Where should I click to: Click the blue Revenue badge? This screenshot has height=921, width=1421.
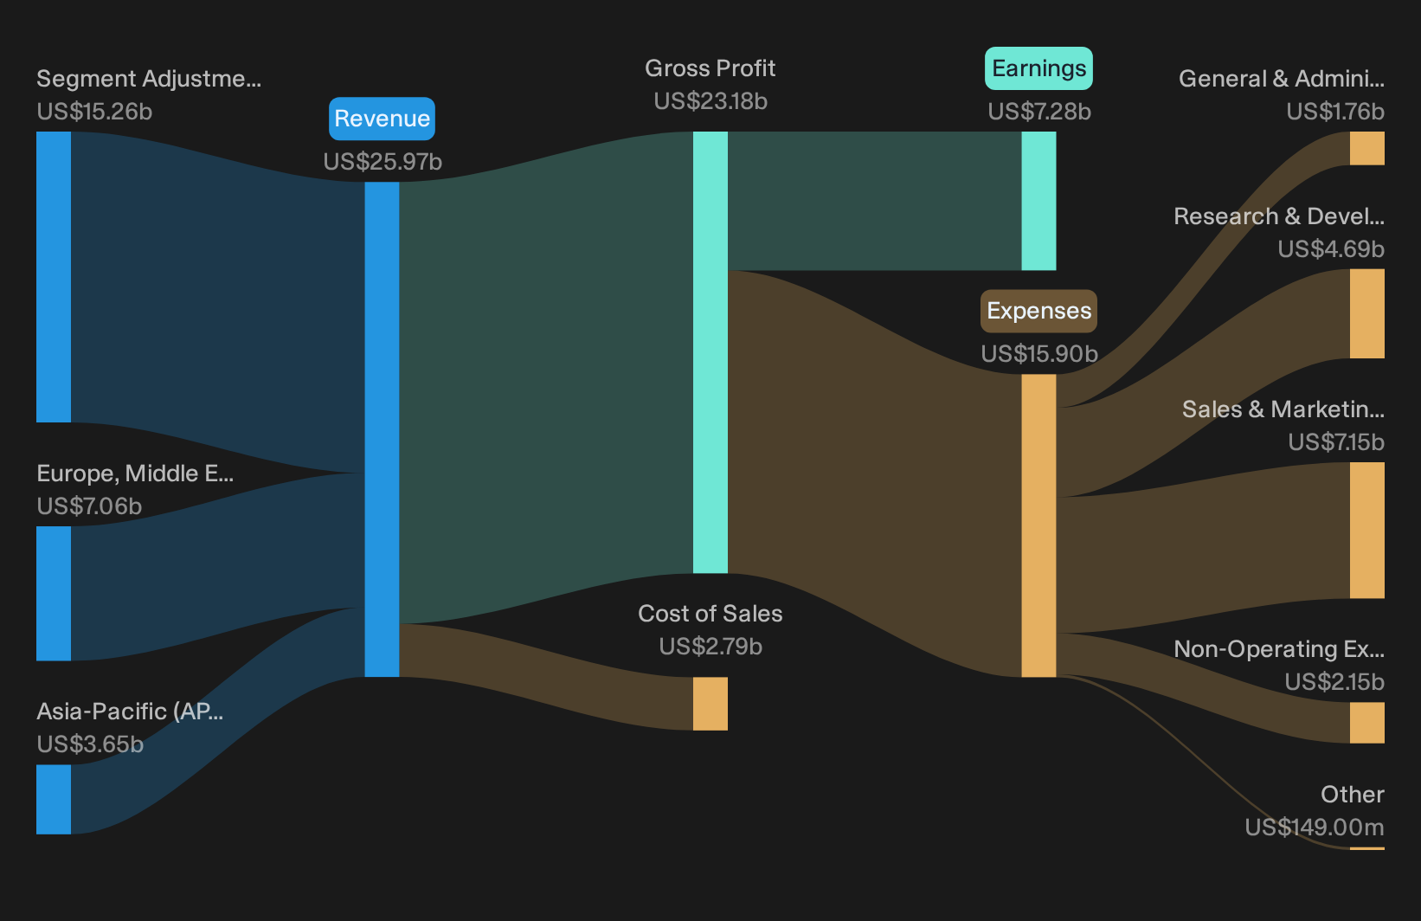(382, 119)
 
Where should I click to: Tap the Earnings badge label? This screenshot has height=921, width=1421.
(1038, 68)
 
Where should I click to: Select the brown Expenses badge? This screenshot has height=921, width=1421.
(1038, 311)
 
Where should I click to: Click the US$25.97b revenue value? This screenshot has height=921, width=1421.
(383, 162)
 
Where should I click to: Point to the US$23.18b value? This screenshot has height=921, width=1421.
(710, 101)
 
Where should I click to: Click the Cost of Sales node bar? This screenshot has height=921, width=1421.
(710, 703)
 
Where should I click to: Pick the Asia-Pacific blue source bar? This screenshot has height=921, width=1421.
(54, 799)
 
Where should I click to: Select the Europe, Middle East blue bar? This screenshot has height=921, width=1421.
(54, 594)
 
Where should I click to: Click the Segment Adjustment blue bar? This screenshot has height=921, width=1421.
(54, 277)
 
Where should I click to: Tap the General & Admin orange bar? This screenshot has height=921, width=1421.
(1367, 149)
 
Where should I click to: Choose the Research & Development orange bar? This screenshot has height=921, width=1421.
(1367, 313)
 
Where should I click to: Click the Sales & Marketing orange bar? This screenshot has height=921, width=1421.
(1367, 530)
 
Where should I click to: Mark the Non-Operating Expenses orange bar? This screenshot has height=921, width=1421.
(1367, 722)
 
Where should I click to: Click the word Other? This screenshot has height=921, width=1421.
(1353, 795)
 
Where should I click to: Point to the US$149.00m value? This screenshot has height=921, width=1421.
(1315, 828)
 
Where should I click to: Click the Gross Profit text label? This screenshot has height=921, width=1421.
(710, 68)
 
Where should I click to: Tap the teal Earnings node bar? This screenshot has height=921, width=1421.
(1039, 201)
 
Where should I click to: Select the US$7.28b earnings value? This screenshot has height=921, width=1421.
(1039, 112)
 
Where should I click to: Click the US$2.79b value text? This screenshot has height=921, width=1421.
(710, 647)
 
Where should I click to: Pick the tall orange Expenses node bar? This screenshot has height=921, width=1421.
(1039, 525)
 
